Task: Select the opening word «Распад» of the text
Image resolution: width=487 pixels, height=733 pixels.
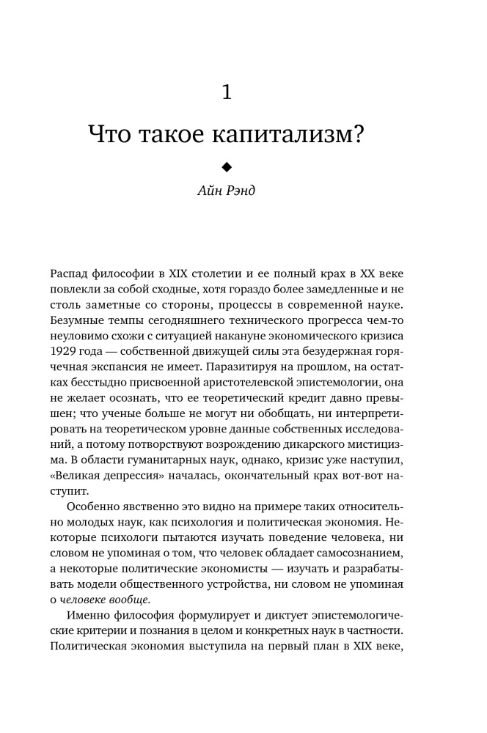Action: (x=72, y=273)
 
